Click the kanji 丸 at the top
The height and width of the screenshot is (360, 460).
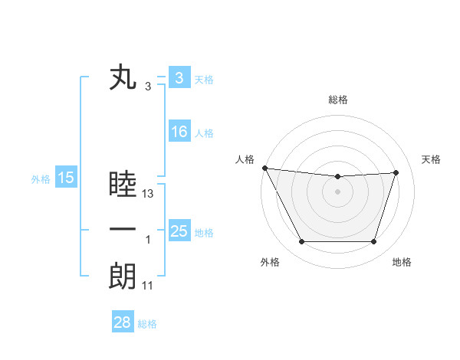123,79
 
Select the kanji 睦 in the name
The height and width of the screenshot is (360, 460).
123,186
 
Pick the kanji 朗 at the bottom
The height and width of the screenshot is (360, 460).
123,277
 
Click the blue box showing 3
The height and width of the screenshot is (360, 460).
179,78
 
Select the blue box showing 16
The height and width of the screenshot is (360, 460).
179,132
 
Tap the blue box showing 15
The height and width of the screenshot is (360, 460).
66,178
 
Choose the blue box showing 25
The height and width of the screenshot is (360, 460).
179,231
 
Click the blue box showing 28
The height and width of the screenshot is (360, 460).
122,322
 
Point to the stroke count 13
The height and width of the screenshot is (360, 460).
149,195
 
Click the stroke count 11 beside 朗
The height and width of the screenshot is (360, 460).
148,286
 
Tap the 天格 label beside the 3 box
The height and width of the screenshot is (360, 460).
204,80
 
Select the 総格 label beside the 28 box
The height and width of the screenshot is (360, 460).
147,324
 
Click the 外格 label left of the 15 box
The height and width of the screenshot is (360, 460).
41,179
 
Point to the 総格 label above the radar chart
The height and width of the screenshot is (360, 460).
337,100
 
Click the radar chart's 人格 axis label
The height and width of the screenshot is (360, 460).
245,159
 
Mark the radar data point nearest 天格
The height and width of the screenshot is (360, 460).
396,172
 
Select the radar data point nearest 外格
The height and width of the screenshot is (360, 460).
301,242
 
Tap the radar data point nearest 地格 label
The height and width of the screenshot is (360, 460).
373,242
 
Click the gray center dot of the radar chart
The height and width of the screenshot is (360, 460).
337,191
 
